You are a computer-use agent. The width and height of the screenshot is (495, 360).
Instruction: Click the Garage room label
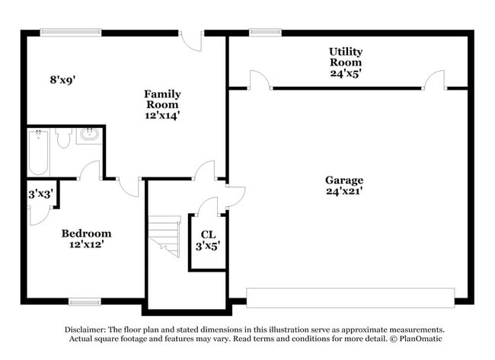pyautogui.click(x=343, y=180)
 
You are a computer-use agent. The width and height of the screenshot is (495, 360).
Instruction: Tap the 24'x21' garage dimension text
pyautogui.click(x=343, y=192)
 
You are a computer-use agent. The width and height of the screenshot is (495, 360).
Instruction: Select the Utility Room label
pyautogui.click(x=345, y=56)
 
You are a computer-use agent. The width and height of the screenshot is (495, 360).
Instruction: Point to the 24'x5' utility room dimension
pyautogui.click(x=345, y=74)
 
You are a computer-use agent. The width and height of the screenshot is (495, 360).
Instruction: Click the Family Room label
pyautogui.click(x=162, y=99)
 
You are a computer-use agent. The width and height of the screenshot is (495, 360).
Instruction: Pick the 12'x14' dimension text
pyautogui.click(x=162, y=116)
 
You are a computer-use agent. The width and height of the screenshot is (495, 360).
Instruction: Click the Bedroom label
pyautogui.click(x=86, y=233)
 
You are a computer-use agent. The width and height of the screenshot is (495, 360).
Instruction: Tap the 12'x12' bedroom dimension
pyautogui.click(x=86, y=244)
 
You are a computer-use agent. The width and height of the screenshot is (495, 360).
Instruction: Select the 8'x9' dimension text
pyautogui.click(x=62, y=79)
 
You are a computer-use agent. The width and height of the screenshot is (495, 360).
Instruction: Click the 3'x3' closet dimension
pyautogui.click(x=40, y=194)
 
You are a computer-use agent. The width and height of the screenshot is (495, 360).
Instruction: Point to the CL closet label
pyautogui.click(x=208, y=234)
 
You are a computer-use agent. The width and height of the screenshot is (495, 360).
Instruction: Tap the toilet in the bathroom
pyautogui.click(x=63, y=138)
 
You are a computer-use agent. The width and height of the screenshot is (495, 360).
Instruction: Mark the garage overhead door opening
pyautogui.click(x=350, y=297)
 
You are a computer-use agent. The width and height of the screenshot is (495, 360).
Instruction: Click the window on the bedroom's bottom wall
pyautogui.click(x=85, y=301)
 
